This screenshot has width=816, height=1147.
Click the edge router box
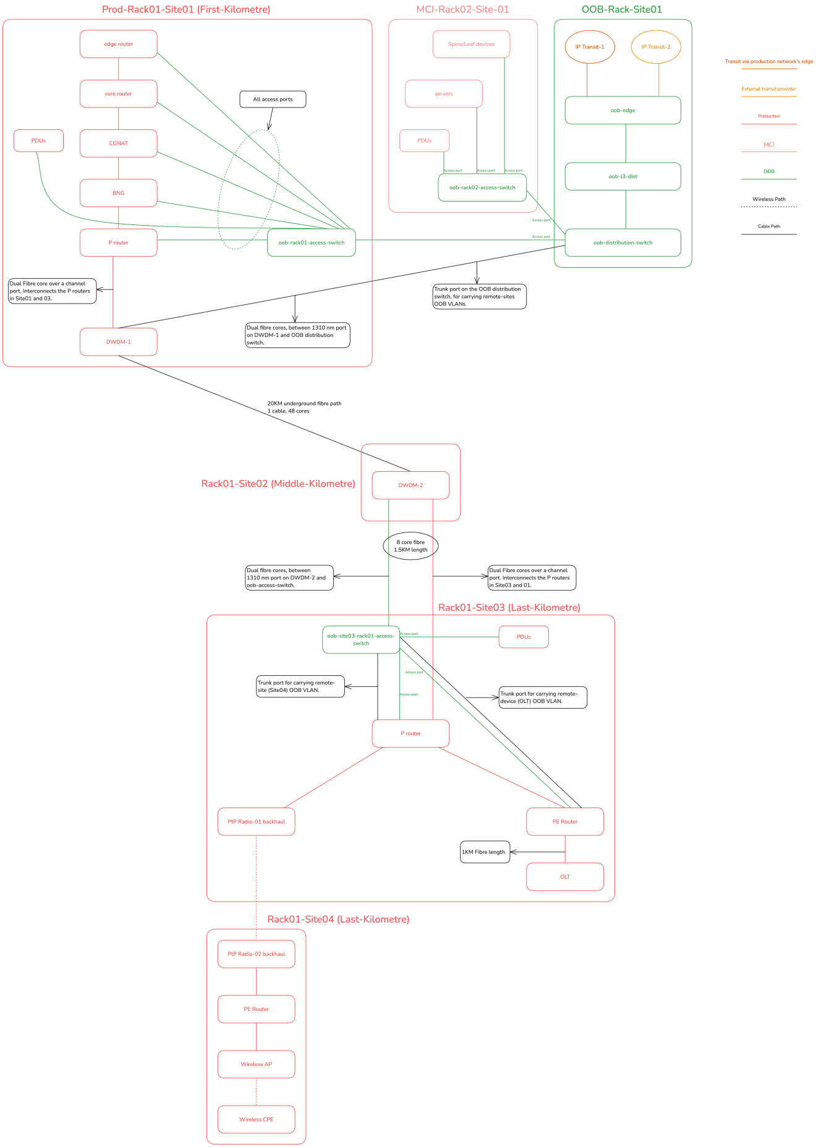point(118,44)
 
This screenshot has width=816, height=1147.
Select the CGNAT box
point(118,143)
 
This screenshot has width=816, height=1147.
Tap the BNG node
point(118,193)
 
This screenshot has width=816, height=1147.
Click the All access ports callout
point(273,99)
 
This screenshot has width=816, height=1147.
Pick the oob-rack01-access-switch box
point(311,242)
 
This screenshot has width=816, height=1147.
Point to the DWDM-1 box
point(118,342)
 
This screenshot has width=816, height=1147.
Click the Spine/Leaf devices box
point(471,44)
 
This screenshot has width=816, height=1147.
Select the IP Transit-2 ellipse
point(655,47)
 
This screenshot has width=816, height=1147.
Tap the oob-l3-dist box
point(623,176)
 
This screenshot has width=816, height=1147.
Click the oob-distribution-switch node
point(623,242)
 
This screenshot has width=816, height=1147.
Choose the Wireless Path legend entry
point(768,200)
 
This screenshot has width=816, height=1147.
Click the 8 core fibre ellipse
point(410,546)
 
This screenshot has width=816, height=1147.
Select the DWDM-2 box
point(410,485)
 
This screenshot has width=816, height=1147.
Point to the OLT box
point(564,877)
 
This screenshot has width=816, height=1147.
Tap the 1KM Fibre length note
point(485,852)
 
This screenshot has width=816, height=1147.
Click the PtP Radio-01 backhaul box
point(256,822)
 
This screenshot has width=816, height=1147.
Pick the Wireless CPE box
point(256,1119)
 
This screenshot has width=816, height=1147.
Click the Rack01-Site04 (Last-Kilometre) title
point(338,919)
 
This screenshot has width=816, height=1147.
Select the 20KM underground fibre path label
point(304,407)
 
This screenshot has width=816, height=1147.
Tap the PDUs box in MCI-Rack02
point(424,140)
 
